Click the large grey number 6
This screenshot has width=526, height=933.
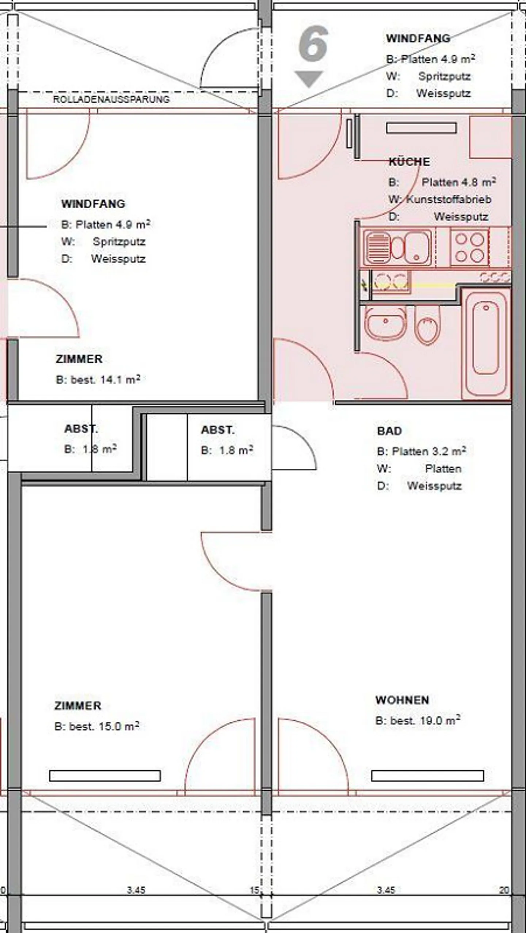(313, 43)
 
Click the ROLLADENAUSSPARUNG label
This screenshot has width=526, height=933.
(111, 99)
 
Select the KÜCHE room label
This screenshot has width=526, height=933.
(409, 161)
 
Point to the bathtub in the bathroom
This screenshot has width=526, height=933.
(485, 344)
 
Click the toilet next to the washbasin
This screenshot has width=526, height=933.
(427, 325)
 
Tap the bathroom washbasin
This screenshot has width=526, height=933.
(385, 323)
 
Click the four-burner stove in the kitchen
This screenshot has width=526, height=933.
(469, 247)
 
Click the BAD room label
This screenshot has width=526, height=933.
(389, 431)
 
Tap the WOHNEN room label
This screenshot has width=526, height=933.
(402, 700)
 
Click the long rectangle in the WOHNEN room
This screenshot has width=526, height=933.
(427, 776)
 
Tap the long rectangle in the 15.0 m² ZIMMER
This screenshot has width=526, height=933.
(105, 776)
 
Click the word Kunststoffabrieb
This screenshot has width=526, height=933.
(449, 199)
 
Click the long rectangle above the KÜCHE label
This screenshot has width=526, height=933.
(421, 128)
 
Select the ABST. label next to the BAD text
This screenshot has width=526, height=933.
(218, 430)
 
